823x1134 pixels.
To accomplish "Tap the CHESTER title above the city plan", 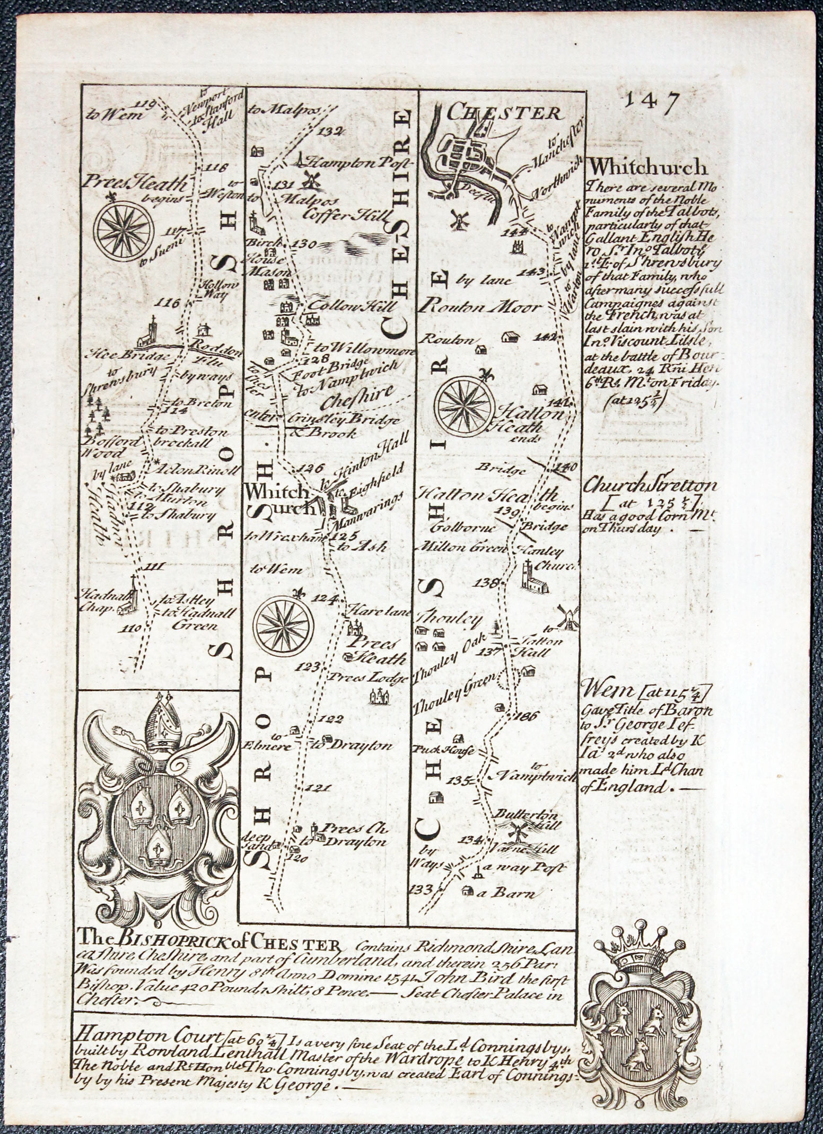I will [504, 112].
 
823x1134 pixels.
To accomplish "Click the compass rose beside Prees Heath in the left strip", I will [123, 228].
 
